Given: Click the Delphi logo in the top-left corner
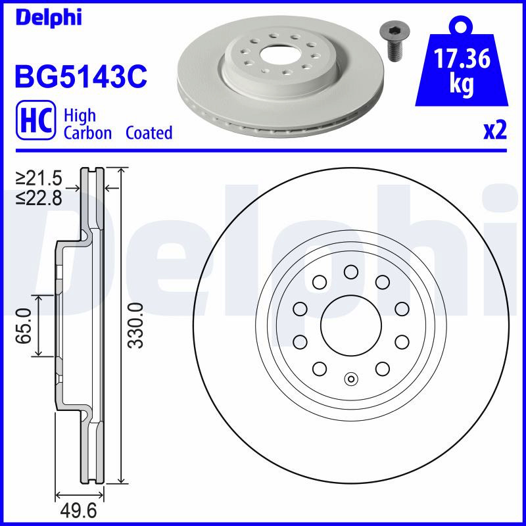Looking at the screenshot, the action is [49, 18].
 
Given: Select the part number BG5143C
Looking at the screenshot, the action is [81, 76].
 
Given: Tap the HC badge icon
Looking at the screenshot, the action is [36, 120].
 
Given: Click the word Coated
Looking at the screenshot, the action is [149, 133].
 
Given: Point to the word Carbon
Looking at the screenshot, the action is [87, 133].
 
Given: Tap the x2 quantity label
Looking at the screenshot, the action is [495, 131].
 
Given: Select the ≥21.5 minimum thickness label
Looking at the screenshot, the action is [39, 178].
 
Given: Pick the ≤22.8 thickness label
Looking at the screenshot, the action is [39, 198].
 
